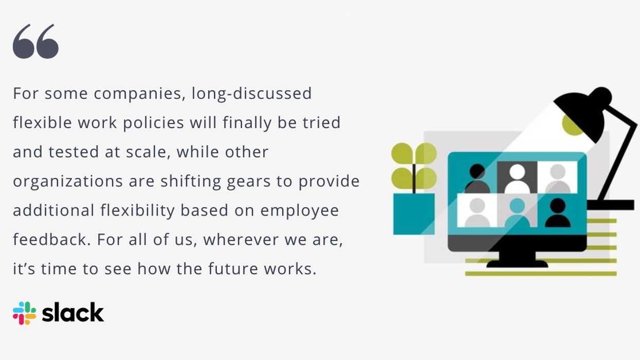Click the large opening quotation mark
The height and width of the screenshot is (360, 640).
pyautogui.click(x=35, y=41)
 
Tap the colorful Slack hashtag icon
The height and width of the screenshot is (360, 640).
pyautogui.click(x=24, y=313)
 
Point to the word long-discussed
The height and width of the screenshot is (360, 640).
pyautogui.click(x=252, y=94)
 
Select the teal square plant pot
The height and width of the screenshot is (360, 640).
pyautogui.click(x=413, y=214)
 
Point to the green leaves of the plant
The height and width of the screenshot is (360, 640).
pyautogui.click(x=414, y=165)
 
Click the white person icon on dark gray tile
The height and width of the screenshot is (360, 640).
pyautogui.click(x=517, y=176)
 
